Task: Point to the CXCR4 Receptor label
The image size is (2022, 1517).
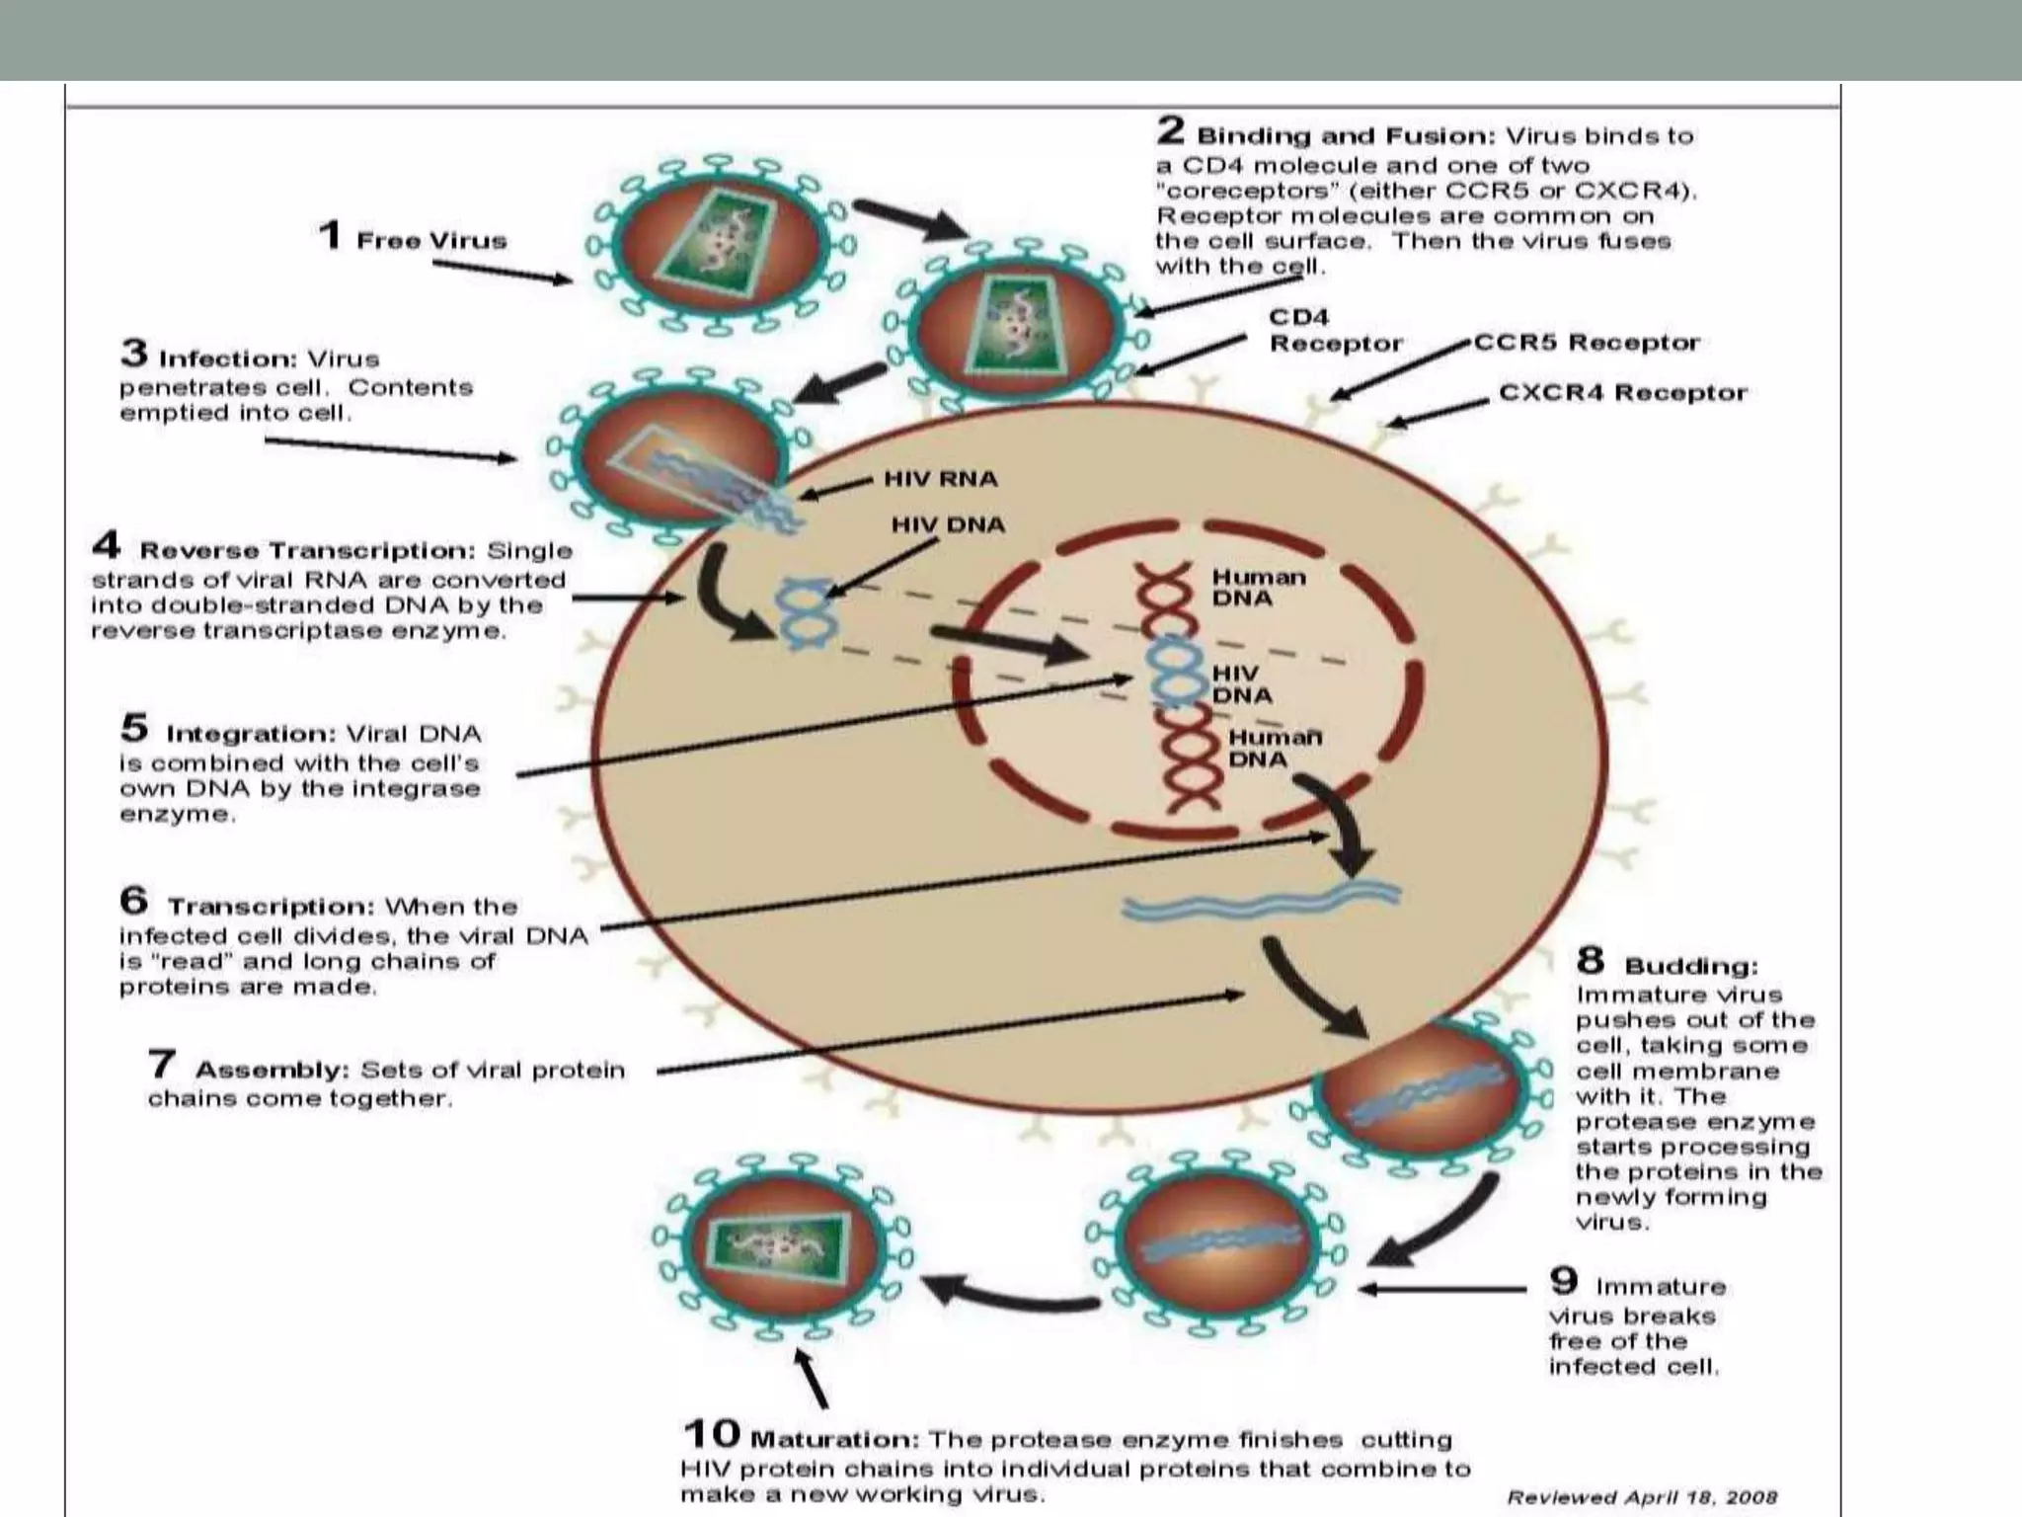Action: tap(1622, 393)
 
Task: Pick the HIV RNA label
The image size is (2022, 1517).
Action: tap(940, 479)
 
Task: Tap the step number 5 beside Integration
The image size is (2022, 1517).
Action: tap(134, 729)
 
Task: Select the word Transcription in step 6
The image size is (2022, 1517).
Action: tap(271, 907)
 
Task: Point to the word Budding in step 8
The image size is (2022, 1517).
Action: tap(1691, 966)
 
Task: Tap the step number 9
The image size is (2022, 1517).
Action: tap(1563, 1282)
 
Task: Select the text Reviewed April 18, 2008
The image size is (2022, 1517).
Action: tap(1641, 1498)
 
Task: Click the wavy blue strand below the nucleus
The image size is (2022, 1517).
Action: tap(1260, 900)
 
